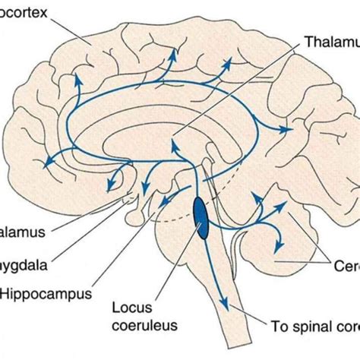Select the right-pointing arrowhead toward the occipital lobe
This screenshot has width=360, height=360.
coord(288,131)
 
